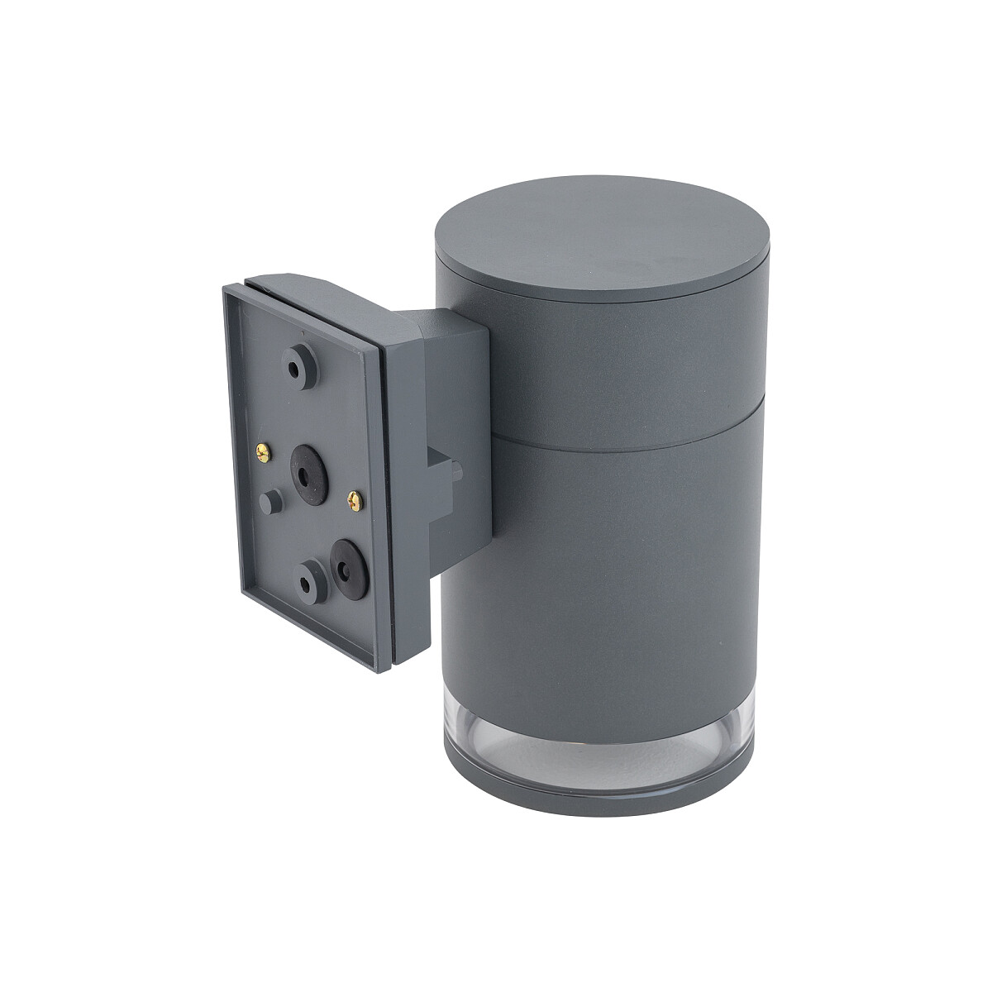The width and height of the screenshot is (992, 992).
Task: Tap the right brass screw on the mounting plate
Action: pyautogui.click(x=356, y=498)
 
